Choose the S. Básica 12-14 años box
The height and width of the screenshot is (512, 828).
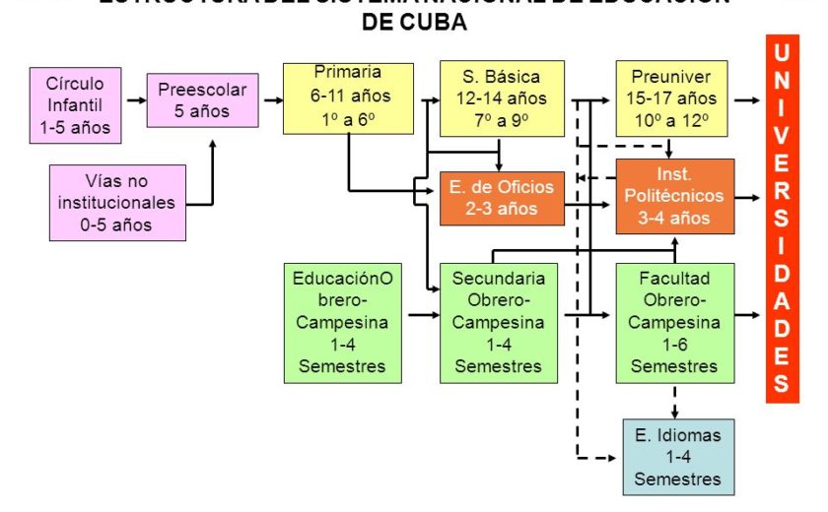(503, 98)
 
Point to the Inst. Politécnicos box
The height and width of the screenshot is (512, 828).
(674, 196)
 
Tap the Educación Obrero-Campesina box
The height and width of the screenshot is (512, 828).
(343, 322)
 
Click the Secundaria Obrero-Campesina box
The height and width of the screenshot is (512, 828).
(498, 322)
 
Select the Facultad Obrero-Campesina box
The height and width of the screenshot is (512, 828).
(674, 322)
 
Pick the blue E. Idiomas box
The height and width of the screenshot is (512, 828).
(678, 457)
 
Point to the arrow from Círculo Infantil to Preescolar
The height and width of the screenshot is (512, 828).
(132, 101)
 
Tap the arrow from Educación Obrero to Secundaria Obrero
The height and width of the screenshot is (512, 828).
(422, 316)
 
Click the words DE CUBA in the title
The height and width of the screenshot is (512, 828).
(414, 23)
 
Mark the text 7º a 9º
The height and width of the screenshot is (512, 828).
(502, 120)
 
